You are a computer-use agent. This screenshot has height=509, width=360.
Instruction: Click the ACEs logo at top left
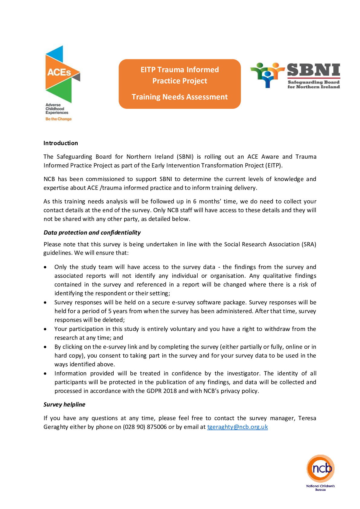coord(63,74)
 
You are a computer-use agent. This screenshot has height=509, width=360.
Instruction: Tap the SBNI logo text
coord(313,70)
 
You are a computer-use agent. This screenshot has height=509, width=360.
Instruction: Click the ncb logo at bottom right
coord(320,468)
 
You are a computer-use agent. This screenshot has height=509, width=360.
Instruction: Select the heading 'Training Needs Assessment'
coord(180,97)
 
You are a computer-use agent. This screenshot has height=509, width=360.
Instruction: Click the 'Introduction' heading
coord(61,143)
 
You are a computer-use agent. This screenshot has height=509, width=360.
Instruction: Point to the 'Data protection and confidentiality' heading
coord(92,232)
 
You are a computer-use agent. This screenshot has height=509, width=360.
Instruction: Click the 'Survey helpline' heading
coord(64,404)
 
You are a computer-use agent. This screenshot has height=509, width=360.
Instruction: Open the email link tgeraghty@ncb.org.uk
coord(237,427)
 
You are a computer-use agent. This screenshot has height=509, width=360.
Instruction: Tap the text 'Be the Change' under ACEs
coord(59,119)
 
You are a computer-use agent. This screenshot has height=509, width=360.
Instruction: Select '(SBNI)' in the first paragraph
coord(185,157)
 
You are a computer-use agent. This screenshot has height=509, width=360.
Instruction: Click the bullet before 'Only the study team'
coord(45,267)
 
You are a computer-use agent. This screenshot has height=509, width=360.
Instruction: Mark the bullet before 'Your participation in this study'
coord(45,329)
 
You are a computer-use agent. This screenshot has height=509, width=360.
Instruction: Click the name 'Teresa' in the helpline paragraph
coord(307,418)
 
